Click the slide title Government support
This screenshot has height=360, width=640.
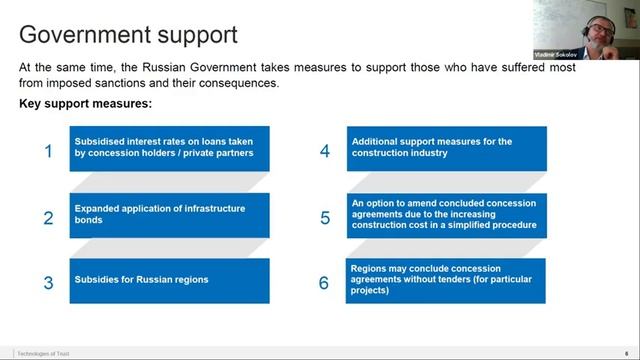[x=128, y=35]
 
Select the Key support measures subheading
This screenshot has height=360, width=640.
[x=85, y=104]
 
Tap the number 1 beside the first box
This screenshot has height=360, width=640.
[x=48, y=152]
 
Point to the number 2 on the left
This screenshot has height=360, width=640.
[x=48, y=218]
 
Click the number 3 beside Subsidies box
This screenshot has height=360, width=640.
[x=48, y=283]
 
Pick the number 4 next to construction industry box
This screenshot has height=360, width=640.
[x=325, y=152]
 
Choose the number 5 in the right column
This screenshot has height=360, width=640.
[x=325, y=218]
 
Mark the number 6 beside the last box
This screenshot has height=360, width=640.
[x=324, y=283]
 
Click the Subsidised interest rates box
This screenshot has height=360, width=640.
[x=169, y=148]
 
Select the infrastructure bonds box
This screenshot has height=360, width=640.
[x=169, y=214]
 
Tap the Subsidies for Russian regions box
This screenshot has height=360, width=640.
[x=169, y=280]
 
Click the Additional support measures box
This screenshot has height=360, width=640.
[x=446, y=148]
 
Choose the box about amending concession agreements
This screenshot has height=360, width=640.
[x=446, y=214]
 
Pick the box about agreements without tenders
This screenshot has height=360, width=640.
[x=446, y=280]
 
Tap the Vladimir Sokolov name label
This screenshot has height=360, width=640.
[x=553, y=54]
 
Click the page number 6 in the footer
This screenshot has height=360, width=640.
[x=626, y=353]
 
